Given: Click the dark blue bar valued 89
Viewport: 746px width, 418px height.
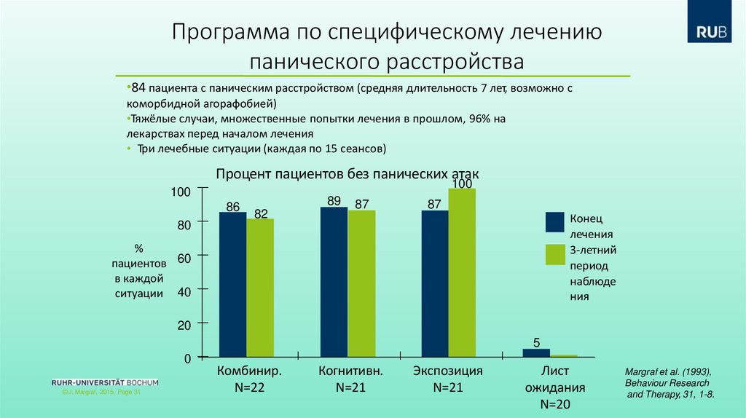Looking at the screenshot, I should (334, 282).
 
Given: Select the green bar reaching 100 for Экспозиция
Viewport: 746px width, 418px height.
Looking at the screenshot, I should (462, 272).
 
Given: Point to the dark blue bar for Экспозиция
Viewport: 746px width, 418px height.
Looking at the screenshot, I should (435, 283).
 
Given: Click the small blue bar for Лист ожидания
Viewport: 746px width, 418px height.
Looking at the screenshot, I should (536, 353).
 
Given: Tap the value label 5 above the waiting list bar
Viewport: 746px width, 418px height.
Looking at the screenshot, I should (536, 342).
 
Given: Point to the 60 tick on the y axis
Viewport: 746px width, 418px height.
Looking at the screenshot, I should (184, 259).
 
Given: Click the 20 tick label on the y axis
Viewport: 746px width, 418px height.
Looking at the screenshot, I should (184, 326).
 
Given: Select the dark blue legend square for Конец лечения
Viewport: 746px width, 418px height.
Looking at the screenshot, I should (556, 221).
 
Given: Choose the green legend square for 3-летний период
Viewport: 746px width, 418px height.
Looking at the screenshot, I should (556, 255).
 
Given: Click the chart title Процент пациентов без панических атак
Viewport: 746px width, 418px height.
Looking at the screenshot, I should (348, 175).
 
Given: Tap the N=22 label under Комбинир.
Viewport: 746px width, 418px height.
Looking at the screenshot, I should (249, 387).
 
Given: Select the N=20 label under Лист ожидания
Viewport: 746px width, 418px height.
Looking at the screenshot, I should (555, 404).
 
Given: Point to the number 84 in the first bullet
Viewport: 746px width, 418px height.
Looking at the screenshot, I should (139, 88).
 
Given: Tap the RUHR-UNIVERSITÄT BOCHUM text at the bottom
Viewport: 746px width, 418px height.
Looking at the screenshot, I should (105, 382).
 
